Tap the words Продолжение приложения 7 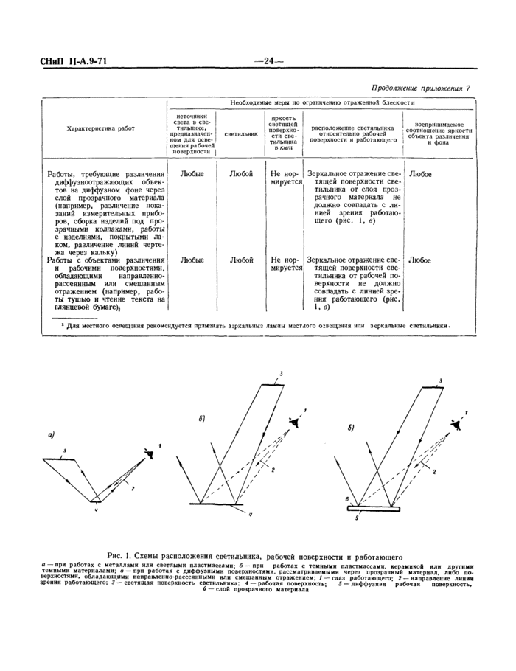pos(420,88)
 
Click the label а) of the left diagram pos(52,435)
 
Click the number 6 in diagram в pos(346,499)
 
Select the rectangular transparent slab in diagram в pos(376,507)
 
